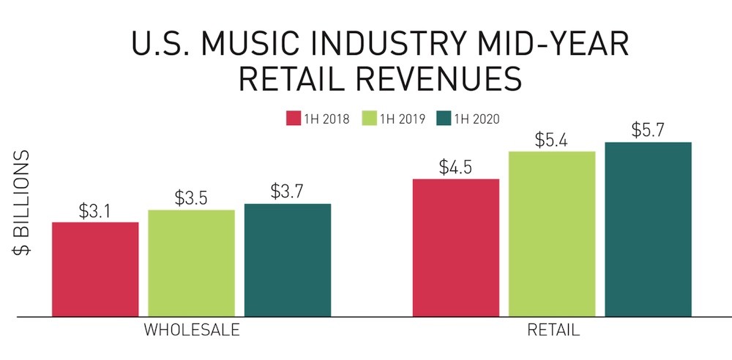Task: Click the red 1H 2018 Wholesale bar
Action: [x=95, y=269]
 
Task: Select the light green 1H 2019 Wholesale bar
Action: [x=191, y=263]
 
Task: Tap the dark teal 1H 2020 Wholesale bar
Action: [x=287, y=260]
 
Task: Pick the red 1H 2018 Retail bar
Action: [x=456, y=247]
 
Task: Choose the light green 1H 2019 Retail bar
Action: [x=552, y=233]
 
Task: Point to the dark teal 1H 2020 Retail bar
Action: [x=648, y=229]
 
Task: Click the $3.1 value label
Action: [x=95, y=211]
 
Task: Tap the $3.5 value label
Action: [x=191, y=199]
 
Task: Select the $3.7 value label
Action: [x=287, y=192]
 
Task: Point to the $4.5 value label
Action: [x=456, y=168]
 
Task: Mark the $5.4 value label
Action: [x=552, y=140]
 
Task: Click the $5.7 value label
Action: [x=648, y=130]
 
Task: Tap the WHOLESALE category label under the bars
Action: [x=192, y=330]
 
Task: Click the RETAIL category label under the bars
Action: [x=553, y=330]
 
